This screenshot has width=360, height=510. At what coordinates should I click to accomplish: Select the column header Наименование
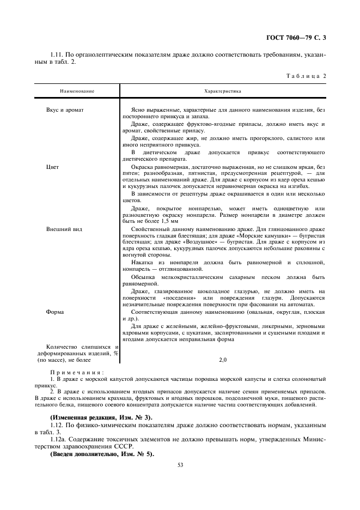coord(77,91)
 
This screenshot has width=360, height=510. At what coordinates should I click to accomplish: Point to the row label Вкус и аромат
coord(65,110)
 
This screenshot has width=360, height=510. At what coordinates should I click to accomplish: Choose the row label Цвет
coord(53,166)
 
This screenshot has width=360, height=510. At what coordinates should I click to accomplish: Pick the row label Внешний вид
coord(64,229)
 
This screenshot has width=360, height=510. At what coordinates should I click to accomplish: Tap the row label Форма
coord(56,312)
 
